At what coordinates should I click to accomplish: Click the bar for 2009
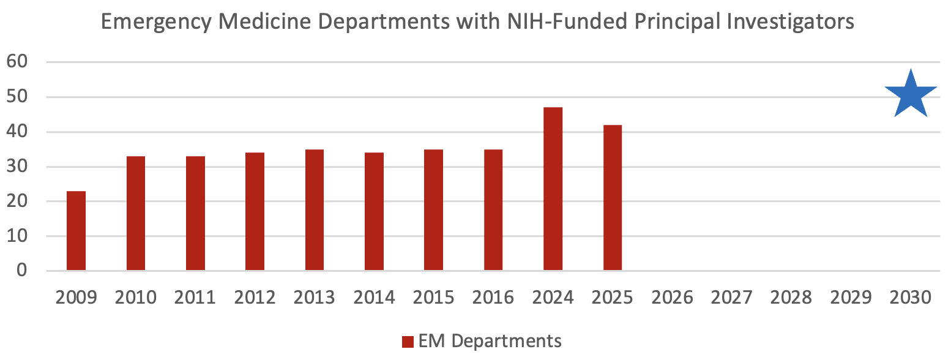click(76, 231)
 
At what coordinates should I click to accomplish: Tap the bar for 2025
click(613, 198)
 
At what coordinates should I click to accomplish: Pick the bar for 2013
click(315, 210)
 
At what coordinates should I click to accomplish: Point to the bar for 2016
click(493, 210)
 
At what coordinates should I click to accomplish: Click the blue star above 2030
click(911, 95)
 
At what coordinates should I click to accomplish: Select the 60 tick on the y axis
click(19, 62)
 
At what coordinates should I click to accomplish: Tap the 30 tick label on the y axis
click(19, 167)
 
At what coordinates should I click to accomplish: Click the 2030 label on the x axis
click(911, 298)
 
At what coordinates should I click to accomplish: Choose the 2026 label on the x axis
click(673, 298)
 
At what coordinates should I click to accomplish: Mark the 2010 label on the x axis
click(135, 298)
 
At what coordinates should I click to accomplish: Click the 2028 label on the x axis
click(791, 298)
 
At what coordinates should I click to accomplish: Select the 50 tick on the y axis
click(19, 97)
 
